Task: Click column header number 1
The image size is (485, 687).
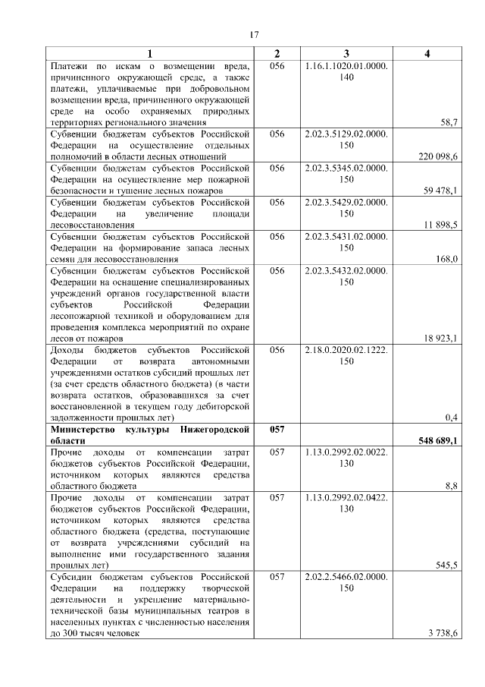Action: (149, 54)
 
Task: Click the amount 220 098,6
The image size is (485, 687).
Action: (438, 156)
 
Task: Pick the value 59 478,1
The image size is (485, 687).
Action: (440, 191)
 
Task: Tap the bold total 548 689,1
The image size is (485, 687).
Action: (438, 440)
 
